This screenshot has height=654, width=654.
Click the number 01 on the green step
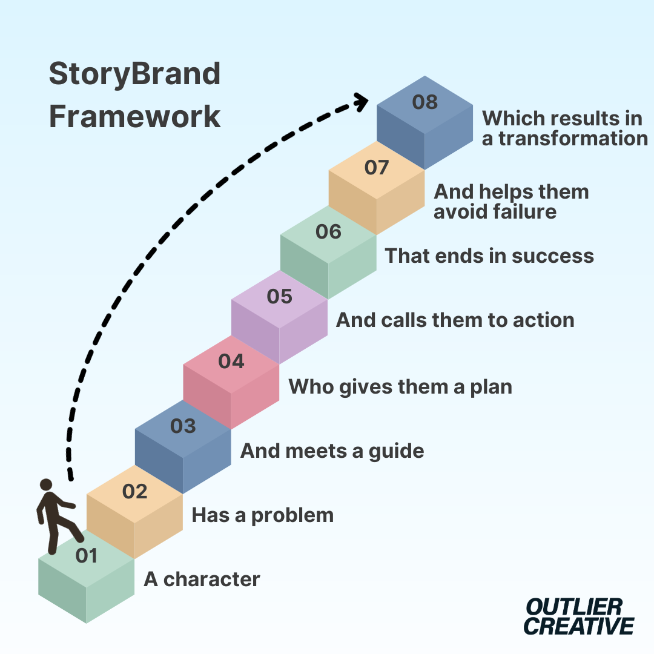tap(86, 556)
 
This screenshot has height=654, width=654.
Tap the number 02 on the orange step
tap(134, 492)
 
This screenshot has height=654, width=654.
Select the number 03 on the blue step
tap(183, 426)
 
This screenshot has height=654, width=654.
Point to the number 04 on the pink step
tap(231, 362)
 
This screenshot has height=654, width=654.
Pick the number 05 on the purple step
tap(280, 297)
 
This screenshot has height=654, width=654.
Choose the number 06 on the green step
tap(328, 232)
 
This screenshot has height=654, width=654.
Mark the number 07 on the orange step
tap(377, 167)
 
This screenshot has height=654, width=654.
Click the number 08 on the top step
tap(425, 102)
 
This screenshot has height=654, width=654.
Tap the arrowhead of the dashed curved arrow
tap(362, 101)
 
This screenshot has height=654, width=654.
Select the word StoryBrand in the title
tap(134, 74)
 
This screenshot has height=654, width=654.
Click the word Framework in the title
tap(134, 117)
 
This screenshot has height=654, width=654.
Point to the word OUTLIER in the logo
tap(573, 606)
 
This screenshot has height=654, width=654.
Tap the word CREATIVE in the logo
tap(579, 626)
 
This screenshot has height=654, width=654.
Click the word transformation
tap(573, 139)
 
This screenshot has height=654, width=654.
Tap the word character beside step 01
tap(211, 580)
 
